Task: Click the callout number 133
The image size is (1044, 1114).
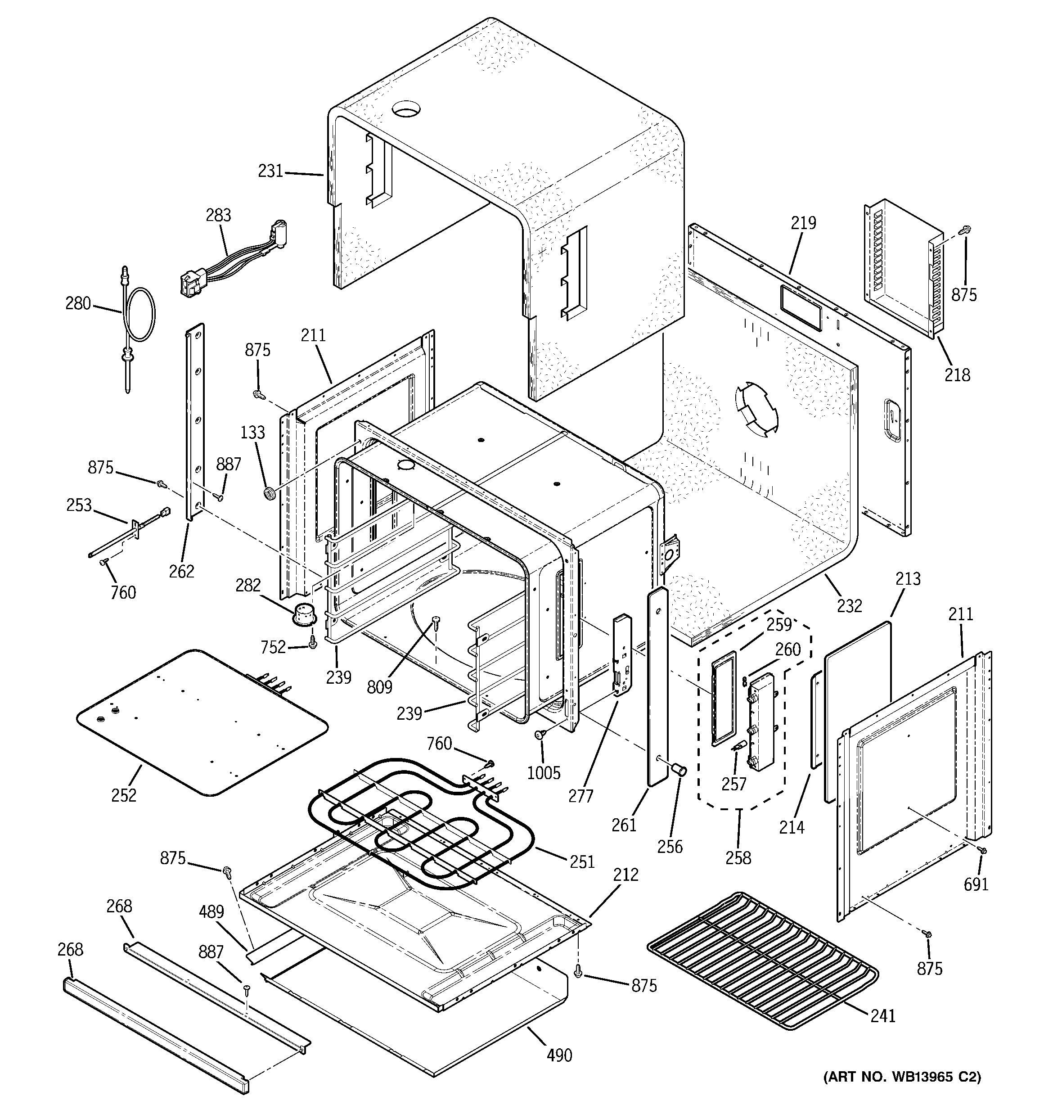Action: coord(253,432)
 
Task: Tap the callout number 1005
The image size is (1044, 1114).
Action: coord(544,773)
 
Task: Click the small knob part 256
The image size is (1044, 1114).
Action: coord(680,770)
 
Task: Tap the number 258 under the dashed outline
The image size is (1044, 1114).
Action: coord(738,857)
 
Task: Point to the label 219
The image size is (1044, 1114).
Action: coord(804,223)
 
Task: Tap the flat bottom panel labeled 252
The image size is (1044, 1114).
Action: coord(202,723)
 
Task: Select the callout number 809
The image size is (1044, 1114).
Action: coord(379,687)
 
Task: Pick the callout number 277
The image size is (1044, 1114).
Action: coord(580,795)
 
